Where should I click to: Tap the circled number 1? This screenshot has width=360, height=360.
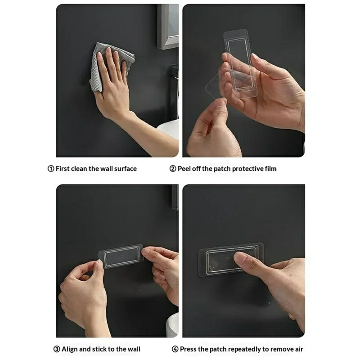pos(51,169)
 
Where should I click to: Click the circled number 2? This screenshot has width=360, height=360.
pos(173,169)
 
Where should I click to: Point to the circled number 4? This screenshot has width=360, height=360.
pos(175,349)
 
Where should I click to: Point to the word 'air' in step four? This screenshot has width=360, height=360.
pos(298,349)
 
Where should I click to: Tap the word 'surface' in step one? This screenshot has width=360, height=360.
pos(125,169)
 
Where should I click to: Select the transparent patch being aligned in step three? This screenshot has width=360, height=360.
pos(121,256)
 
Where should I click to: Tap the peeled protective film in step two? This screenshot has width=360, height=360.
pos(220,85)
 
